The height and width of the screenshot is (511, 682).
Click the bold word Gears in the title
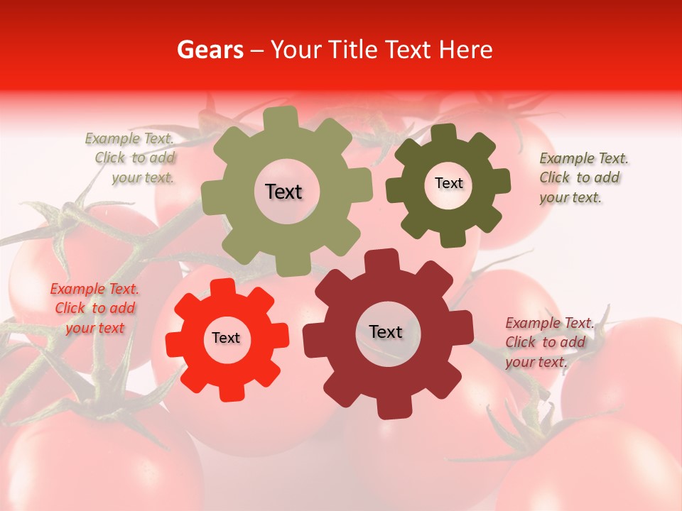(x=210, y=50)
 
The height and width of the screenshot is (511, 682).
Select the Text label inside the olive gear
(x=283, y=192)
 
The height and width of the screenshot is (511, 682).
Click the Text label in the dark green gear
(x=448, y=183)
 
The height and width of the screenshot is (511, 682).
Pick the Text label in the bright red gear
(x=226, y=338)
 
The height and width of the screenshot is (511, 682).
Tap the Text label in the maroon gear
(x=386, y=331)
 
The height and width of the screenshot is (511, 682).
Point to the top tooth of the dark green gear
(x=443, y=132)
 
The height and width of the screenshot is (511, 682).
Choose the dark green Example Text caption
(x=583, y=178)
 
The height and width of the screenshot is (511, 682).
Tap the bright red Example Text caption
(x=94, y=308)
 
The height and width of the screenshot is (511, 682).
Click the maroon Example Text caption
(x=548, y=342)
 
